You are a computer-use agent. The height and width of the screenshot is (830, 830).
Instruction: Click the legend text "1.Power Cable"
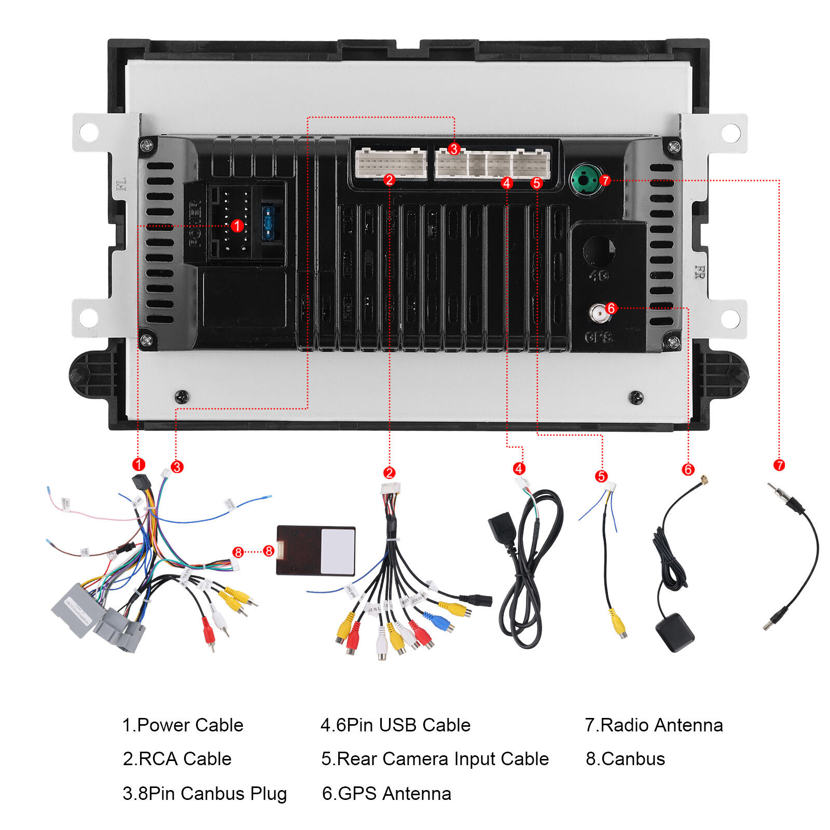point(183,725)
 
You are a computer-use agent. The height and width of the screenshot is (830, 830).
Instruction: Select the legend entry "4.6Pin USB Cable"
point(395,725)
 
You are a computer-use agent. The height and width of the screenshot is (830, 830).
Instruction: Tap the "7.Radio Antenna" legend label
point(654,725)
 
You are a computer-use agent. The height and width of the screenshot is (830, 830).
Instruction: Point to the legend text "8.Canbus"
point(625,759)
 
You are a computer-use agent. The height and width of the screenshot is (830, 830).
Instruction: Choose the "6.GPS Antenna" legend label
point(386,794)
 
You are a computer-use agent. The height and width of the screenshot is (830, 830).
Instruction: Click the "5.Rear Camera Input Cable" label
point(435,759)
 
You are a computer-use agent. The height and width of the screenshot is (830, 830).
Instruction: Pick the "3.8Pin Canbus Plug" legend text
point(204,794)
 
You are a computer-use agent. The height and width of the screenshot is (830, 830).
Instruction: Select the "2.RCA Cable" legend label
point(177,759)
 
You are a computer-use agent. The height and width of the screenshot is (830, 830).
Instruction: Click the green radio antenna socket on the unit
point(586,179)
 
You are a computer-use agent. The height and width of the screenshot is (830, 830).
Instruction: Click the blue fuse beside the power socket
point(268,223)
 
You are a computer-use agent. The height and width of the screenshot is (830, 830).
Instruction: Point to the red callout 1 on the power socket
point(237,226)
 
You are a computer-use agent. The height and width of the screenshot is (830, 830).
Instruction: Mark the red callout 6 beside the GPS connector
point(611,308)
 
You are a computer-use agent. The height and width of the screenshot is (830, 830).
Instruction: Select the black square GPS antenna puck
point(674,632)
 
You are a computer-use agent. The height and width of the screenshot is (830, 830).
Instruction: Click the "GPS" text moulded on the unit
point(599,337)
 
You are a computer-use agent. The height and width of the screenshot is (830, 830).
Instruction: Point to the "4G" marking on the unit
point(599,275)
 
